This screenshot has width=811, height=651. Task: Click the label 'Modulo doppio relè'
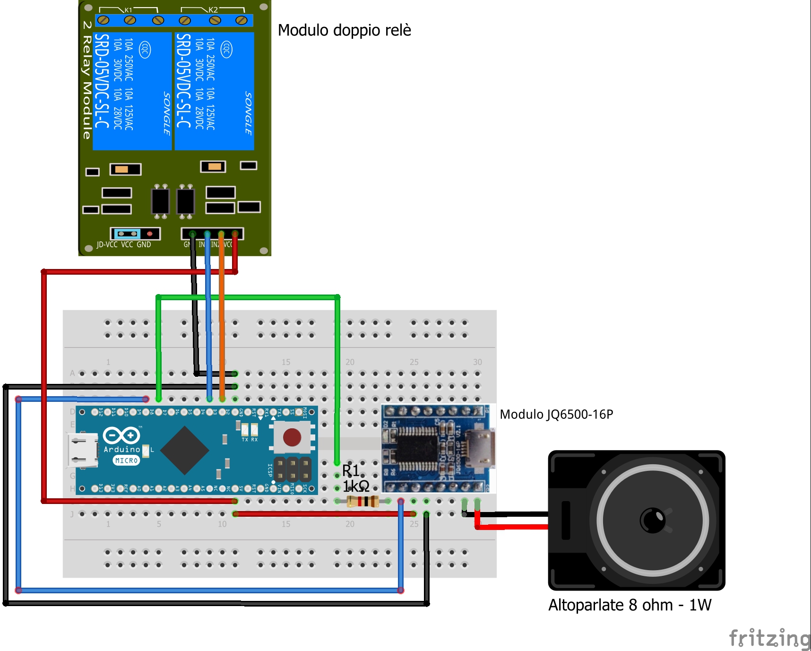[x=344, y=30]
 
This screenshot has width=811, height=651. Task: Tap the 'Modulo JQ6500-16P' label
[x=556, y=415]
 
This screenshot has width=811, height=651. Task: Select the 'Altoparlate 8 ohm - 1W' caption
[x=630, y=605]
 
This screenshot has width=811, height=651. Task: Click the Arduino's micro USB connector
[x=82, y=451]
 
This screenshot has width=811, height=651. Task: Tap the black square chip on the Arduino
[x=185, y=450]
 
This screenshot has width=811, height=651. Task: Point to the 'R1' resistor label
[x=351, y=470]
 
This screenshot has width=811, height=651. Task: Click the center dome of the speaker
[x=653, y=520]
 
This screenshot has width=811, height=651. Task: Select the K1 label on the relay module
[x=129, y=10]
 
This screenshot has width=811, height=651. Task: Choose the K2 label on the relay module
[x=213, y=10]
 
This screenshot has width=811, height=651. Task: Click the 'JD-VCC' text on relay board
[x=107, y=245]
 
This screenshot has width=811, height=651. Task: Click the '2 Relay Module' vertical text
[x=86, y=80]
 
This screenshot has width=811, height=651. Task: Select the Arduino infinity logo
[x=122, y=435]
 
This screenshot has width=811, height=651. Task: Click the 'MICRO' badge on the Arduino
[x=126, y=460]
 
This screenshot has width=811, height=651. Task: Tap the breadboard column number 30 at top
[x=477, y=362]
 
